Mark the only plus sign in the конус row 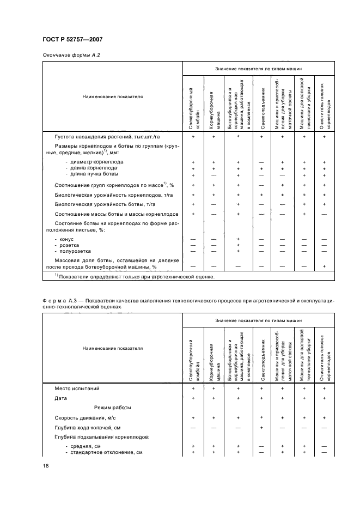(239, 239)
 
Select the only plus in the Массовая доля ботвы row (324, 266)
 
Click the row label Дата (61, 398)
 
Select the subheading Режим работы (112, 408)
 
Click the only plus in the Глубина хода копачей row (262, 428)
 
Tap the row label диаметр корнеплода (94, 162)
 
